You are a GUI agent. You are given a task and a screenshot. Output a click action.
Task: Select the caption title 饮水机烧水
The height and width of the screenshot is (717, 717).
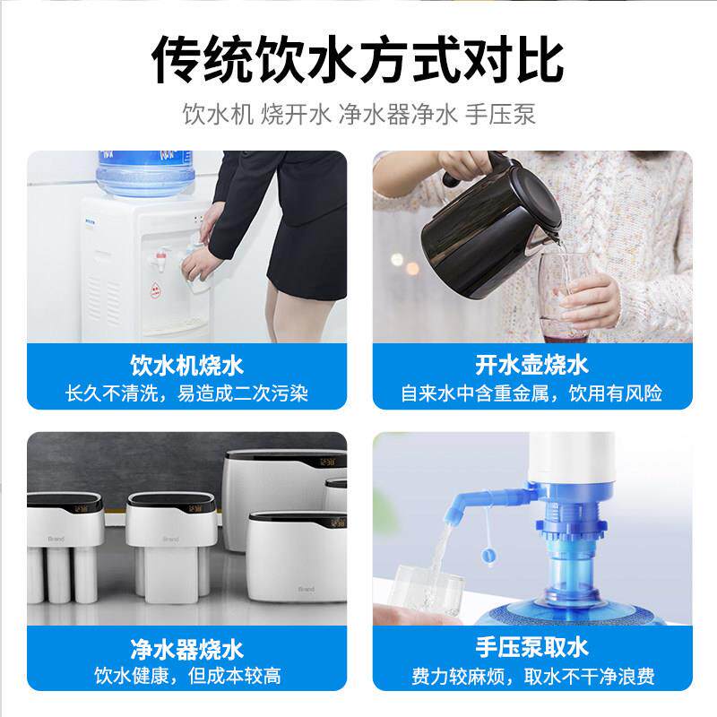point(186,366)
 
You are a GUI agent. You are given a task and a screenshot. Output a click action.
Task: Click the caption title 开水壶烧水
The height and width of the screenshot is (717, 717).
point(531,366)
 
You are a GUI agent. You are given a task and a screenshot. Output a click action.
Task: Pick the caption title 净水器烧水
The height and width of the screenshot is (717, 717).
point(186,648)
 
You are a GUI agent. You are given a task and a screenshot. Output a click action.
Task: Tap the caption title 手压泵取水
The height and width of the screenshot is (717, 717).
point(531,648)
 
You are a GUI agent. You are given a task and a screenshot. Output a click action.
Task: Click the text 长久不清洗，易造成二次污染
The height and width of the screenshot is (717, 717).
point(186,393)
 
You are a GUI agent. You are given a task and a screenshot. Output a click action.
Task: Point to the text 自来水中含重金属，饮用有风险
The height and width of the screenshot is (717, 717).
point(531,393)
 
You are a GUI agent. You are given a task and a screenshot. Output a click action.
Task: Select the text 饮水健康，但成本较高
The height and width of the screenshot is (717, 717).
point(186,675)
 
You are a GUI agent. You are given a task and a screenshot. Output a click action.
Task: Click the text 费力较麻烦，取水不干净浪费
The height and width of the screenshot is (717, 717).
point(531,675)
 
